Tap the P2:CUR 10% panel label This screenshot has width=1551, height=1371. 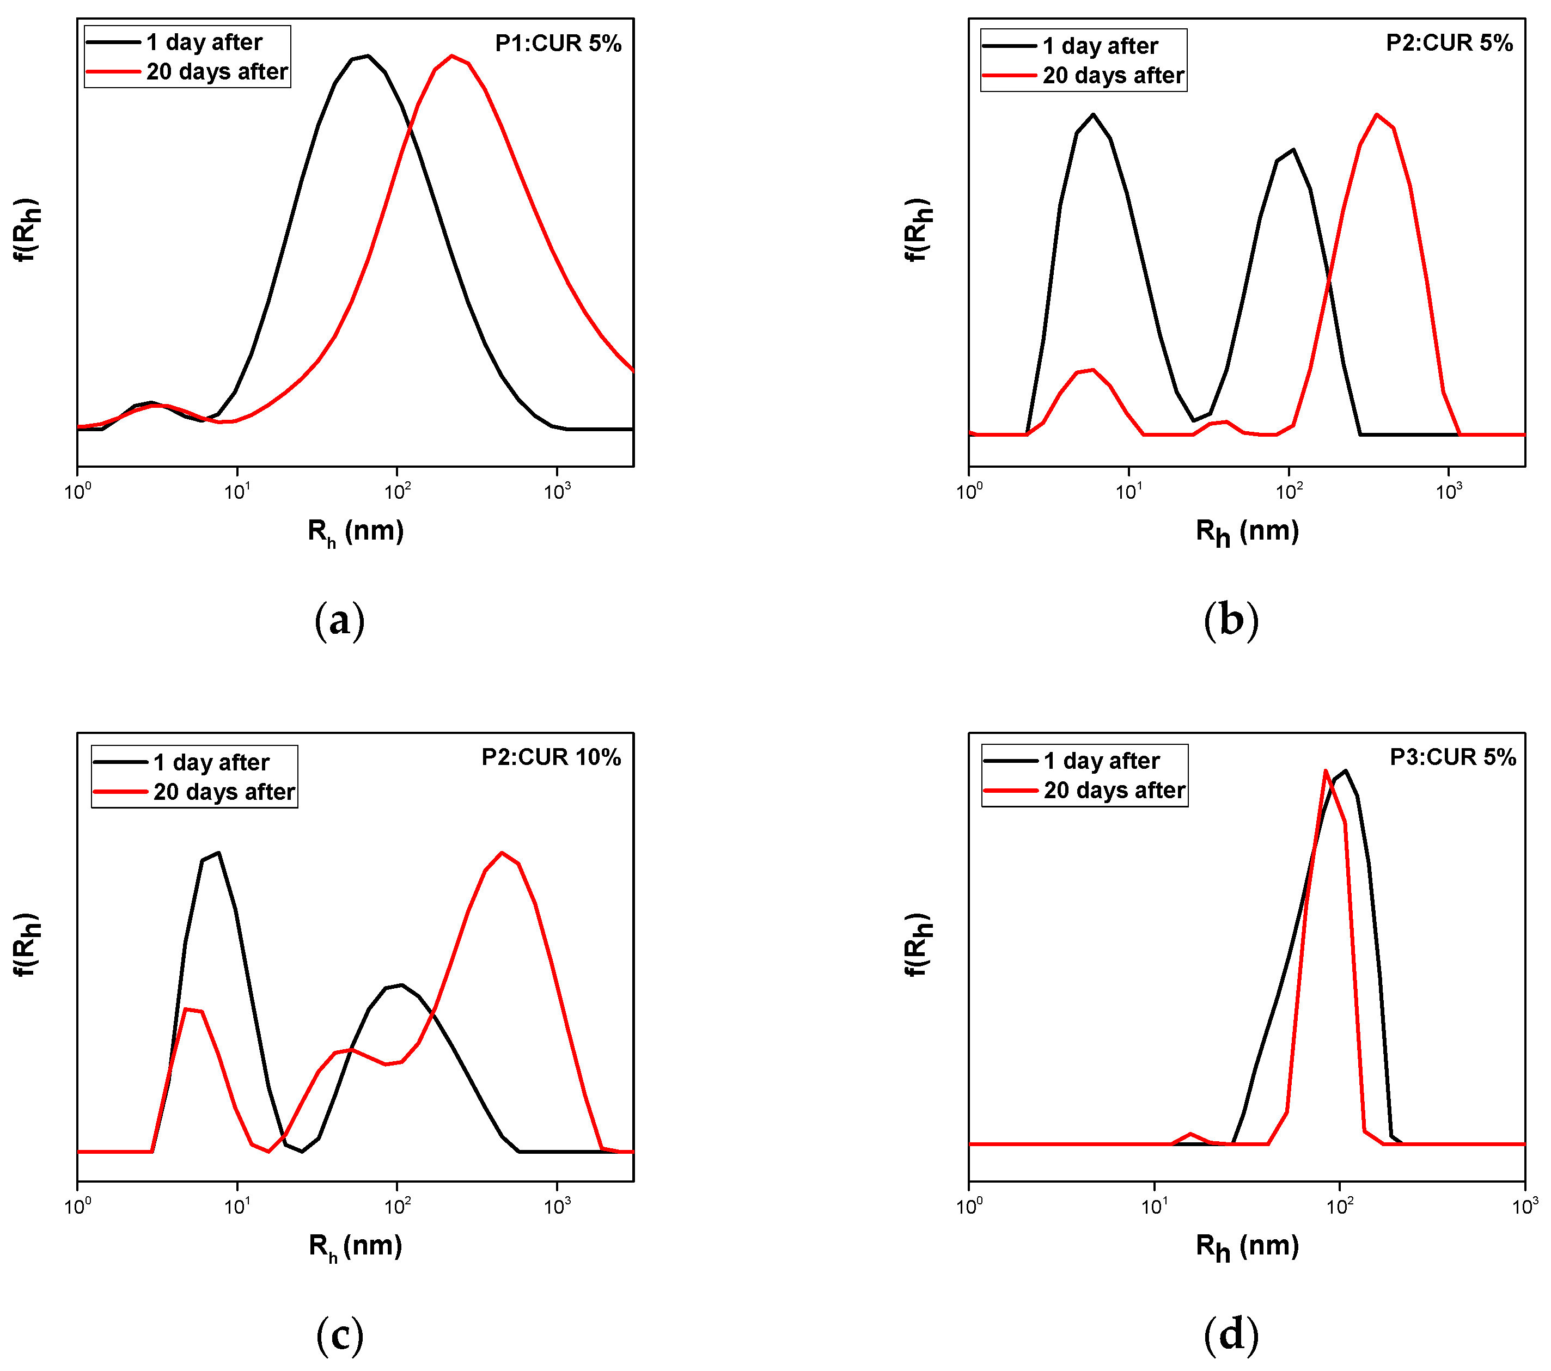(551, 757)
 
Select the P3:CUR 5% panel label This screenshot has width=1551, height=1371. (1452, 757)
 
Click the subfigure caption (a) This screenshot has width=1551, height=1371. (339, 621)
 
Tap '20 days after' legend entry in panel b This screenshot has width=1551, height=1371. (1113, 76)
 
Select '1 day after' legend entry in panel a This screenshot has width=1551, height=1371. (203, 42)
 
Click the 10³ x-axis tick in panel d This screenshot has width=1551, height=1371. (1524, 1205)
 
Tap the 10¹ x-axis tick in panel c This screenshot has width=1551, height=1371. (237, 1205)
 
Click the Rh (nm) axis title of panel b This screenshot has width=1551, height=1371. (1247, 531)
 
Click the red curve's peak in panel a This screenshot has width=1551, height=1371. (451, 56)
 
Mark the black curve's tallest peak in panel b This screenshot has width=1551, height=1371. (1092, 114)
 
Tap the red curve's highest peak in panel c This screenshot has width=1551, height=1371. (502, 852)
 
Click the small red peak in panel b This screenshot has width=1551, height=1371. (1092, 370)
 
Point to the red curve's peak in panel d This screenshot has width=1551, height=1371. (1326, 771)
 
